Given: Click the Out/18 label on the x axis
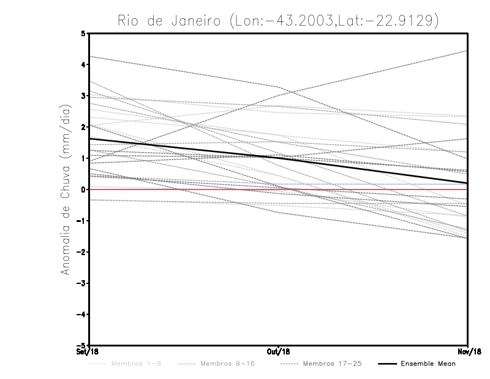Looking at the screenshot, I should click(278, 351).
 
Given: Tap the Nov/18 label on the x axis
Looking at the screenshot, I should click(468, 351).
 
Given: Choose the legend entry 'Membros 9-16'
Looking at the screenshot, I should click(227, 364).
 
